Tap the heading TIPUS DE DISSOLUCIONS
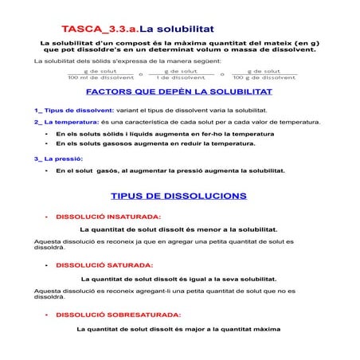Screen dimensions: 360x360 click(x=178, y=195)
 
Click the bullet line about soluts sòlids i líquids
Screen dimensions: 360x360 click(x=159, y=134)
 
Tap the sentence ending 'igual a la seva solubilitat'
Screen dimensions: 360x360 click(x=179, y=279)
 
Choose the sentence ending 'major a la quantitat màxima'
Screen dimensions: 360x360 click(x=179, y=328)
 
